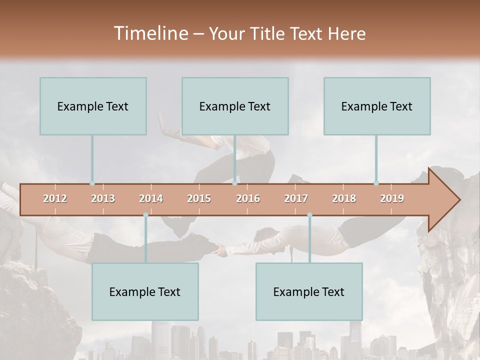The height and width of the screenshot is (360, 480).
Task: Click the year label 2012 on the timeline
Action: (55, 198)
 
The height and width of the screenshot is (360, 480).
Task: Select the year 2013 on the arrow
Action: (103, 198)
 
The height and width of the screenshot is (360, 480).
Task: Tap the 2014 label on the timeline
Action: (151, 198)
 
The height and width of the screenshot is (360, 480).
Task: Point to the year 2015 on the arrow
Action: (199, 198)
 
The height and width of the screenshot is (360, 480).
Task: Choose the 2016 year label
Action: (248, 198)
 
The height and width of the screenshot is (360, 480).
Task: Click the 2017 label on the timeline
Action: (296, 198)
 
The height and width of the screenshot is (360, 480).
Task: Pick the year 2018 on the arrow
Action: (344, 198)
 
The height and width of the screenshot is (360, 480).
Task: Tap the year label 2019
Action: (392, 198)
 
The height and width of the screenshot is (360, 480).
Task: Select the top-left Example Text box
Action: (93, 106)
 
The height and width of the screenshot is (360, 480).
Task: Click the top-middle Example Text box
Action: (235, 106)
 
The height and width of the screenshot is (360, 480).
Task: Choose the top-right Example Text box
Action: (377, 106)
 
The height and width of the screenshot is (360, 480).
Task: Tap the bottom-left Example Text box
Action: (145, 291)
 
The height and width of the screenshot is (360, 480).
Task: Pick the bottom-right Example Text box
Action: (309, 291)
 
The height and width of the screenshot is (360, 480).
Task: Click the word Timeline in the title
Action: (150, 33)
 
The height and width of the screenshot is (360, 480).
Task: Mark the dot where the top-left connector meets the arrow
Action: (92, 183)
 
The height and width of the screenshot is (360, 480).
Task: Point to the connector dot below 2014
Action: (145, 215)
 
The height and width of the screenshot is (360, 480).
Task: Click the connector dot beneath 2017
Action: (309, 215)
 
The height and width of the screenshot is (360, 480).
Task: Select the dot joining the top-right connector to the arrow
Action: (376, 183)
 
